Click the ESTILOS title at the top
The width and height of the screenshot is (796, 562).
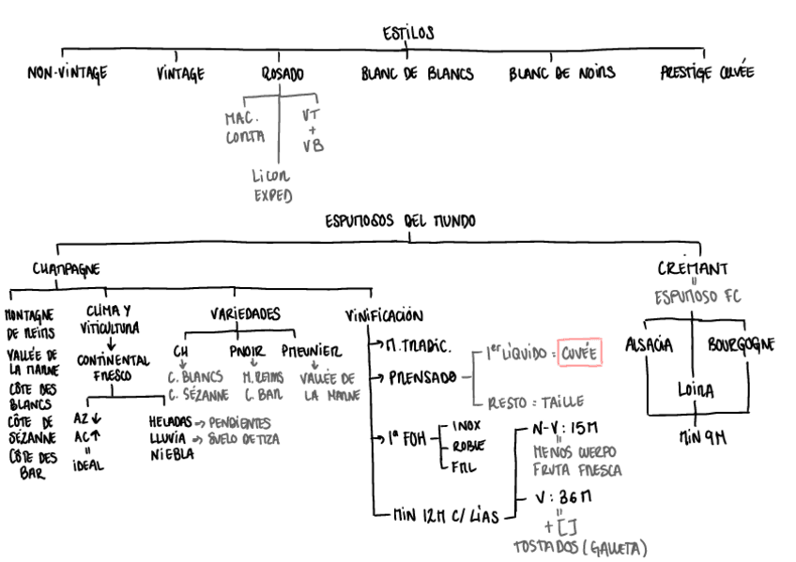[x=408, y=34]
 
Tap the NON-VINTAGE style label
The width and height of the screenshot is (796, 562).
[x=67, y=73]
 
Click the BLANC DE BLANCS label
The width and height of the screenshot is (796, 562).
[x=417, y=73]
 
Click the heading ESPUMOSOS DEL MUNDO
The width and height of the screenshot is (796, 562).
[x=400, y=221]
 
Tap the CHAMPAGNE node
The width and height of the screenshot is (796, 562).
[x=66, y=269]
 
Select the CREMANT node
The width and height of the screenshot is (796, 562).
[x=692, y=269]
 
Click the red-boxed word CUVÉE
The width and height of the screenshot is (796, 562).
[x=578, y=353]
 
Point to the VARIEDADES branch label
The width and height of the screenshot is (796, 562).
[x=244, y=314]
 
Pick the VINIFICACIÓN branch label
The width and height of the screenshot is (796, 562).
[x=385, y=316]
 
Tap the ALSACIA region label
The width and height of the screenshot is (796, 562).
[x=650, y=344]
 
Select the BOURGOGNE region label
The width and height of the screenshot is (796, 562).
[x=741, y=344]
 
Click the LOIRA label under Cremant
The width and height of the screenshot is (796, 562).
[x=696, y=389]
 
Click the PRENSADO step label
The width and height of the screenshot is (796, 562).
[x=422, y=377]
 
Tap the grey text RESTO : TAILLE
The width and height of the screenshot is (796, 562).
[x=532, y=403]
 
